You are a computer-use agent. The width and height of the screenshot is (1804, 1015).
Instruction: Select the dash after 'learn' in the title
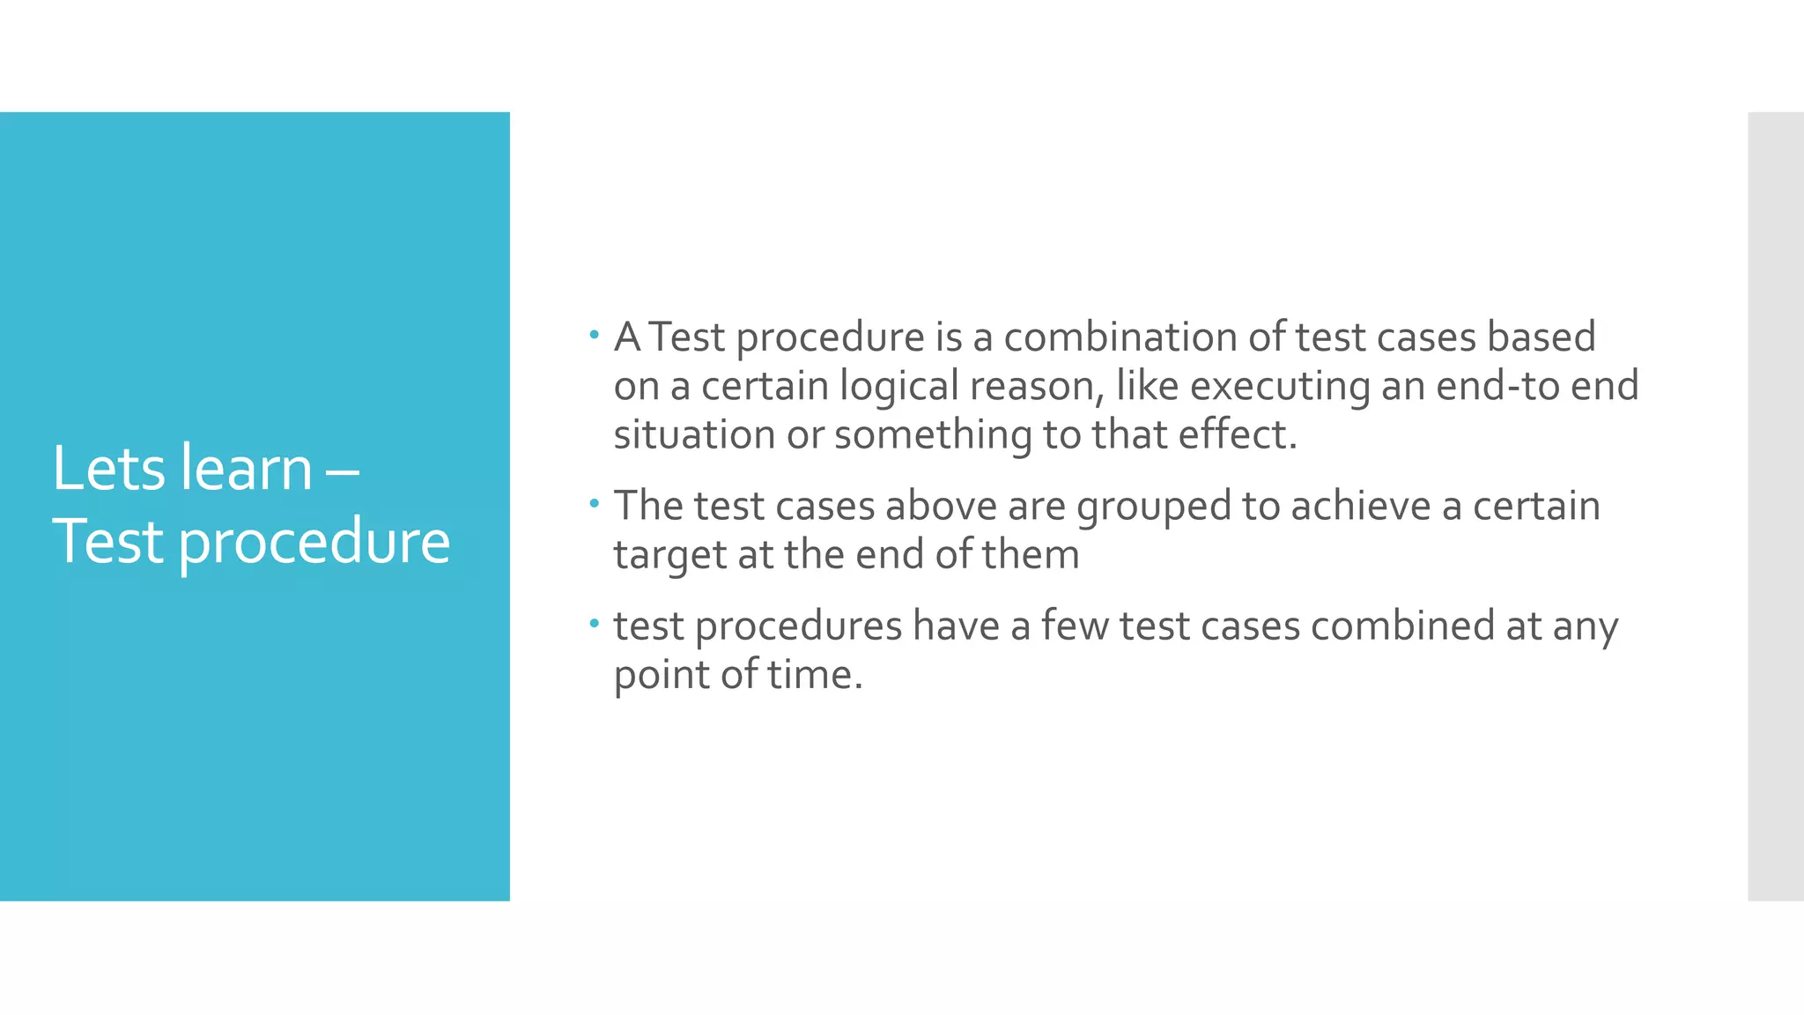click(x=342, y=470)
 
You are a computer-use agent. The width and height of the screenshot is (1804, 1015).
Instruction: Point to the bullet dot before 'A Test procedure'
click(x=594, y=335)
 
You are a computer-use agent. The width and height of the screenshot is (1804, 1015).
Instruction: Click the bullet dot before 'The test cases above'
click(x=594, y=504)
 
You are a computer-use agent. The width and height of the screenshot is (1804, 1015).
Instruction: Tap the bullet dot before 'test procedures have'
click(x=594, y=624)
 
